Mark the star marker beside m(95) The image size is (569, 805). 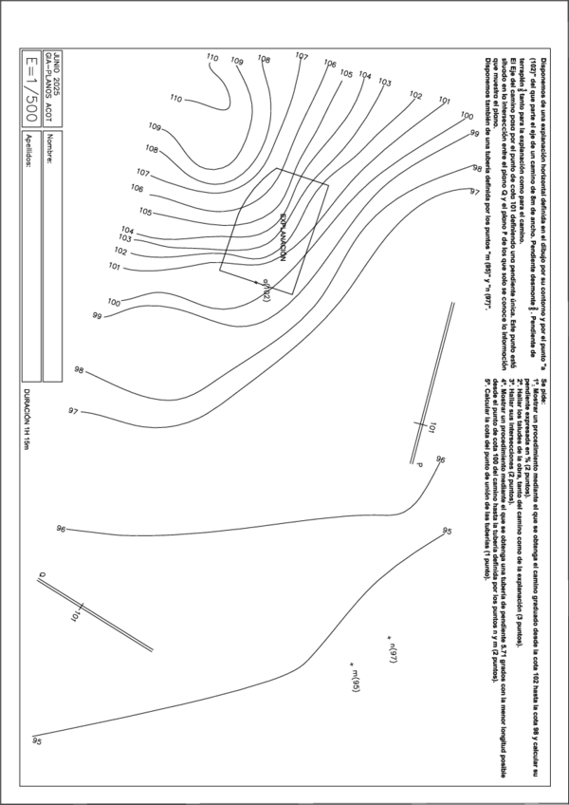(352, 662)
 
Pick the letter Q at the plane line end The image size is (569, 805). (43, 574)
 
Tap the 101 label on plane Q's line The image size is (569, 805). (73, 616)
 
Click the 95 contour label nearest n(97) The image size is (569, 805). (446, 531)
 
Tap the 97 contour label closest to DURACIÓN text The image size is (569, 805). (73, 410)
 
